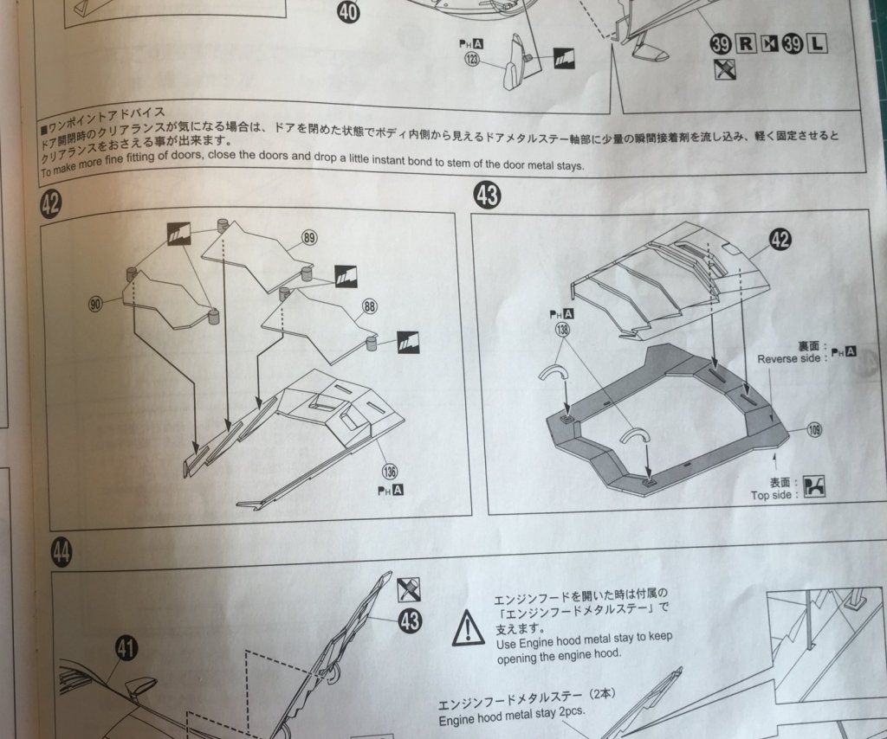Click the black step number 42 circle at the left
pyautogui.click(x=50, y=202)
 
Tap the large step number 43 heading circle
pyautogui.click(x=487, y=195)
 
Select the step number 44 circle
pyautogui.click(x=62, y=551)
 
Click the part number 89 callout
pyautogui.click(x=309, y=237)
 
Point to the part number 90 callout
pyautogui.click(x=95, y=305)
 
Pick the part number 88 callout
pyautogui.click(x=370, y=307)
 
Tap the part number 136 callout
pyautogui.click(x=389, y=471)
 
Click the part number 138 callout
pyautogui.click(x=562, y=330)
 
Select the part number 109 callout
pyautogui.click(x=814, y=431)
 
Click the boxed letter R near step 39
pyautogui.click(x=746, y=43)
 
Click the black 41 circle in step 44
pyautogui.click(x=126, y=648)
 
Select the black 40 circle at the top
pyautogui.click(x=348, y=10)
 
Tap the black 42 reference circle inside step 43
pyautogui.click(x=780, y=240)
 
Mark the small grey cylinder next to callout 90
pyautogui.click(x=132, y=274)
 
